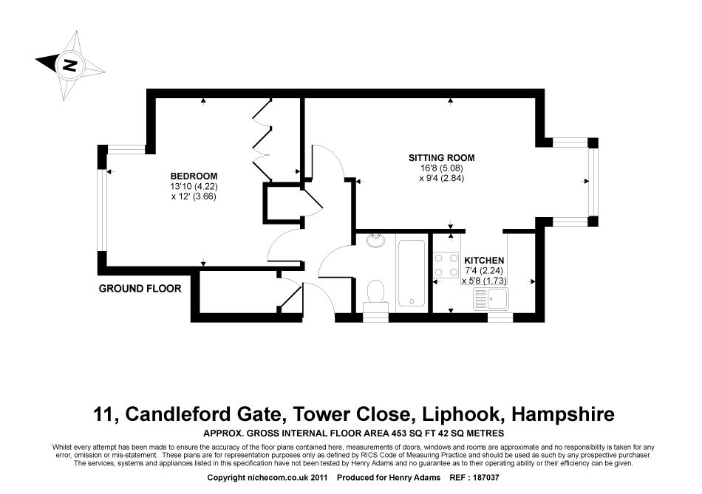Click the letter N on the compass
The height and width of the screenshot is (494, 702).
69,64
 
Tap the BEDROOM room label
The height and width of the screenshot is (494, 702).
194,176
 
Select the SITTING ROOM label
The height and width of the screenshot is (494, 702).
442,157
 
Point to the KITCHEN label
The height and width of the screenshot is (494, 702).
484,261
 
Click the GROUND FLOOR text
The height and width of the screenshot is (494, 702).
140,289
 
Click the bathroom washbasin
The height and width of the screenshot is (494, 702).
375,239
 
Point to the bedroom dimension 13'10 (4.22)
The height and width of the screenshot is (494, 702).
194,186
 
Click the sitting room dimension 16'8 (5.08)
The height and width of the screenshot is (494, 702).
442,168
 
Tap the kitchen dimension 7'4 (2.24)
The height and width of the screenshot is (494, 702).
484,271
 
